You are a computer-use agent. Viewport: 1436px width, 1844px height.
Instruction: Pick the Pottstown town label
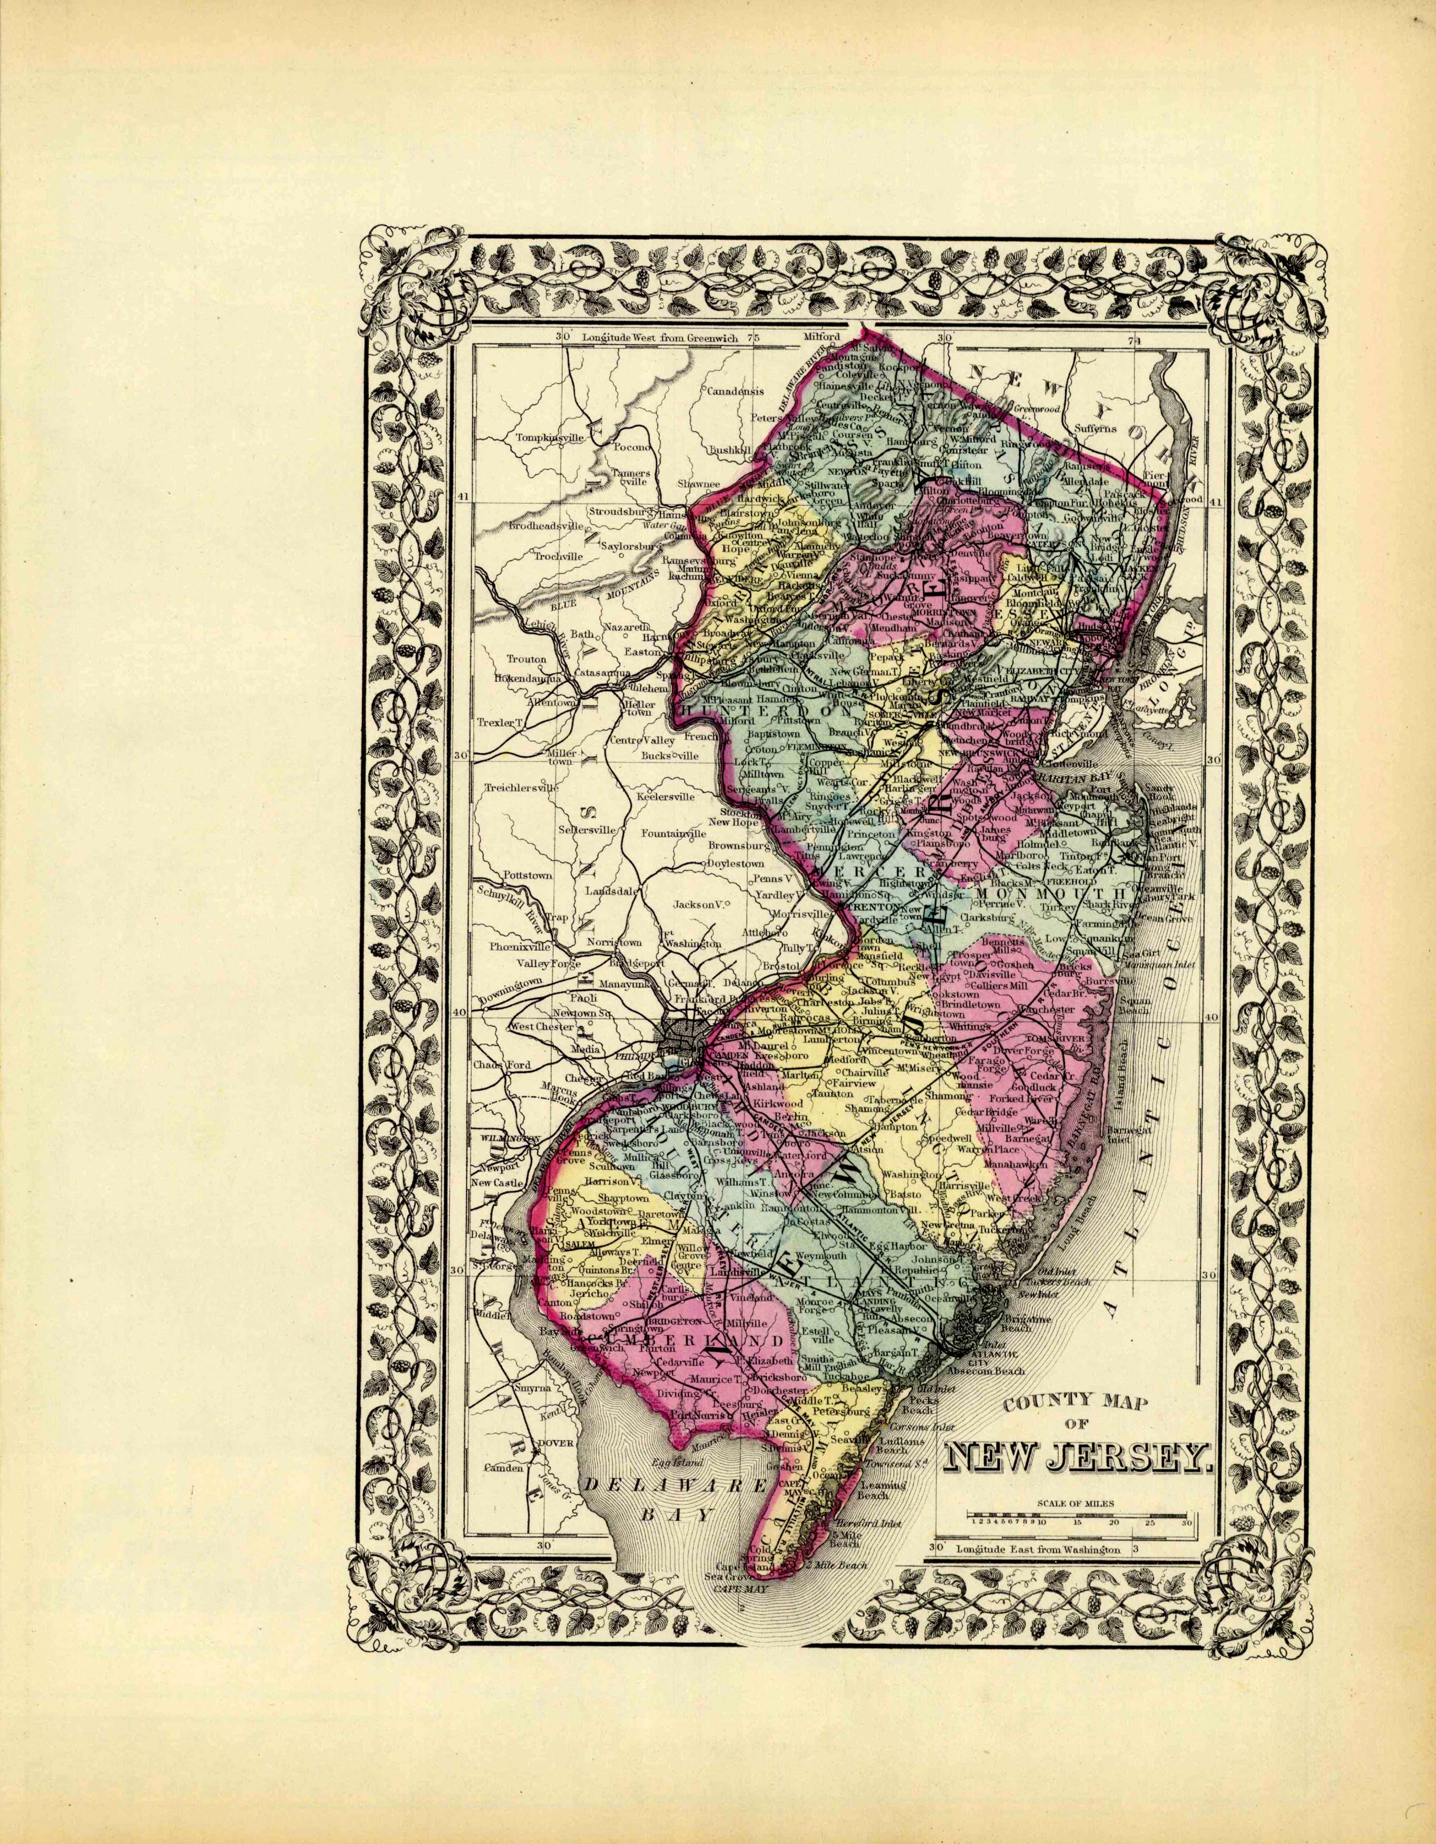coord(527,876)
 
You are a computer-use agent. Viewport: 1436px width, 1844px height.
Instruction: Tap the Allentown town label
coord(550,702)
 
